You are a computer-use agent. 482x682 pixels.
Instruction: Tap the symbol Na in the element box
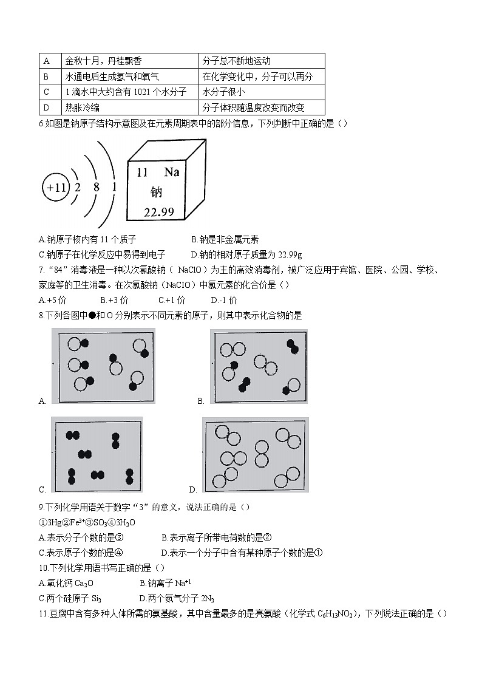(x=172, y=172)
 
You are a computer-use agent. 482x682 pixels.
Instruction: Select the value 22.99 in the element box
(x=158, y=211)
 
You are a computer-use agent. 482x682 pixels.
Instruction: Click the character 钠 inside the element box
(x=157, y=192)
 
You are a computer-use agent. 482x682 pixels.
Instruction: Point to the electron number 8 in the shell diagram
(x=96, y=187)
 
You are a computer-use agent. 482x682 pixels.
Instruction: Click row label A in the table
(x=46, y=61)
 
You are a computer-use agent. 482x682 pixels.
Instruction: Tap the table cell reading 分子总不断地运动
(x=236, y=61)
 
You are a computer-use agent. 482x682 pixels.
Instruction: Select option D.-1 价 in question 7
(x=224, y=300)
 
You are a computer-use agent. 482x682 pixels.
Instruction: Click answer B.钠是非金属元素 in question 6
(x=229, y=239)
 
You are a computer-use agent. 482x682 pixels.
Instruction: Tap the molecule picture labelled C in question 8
(x=97, y=455)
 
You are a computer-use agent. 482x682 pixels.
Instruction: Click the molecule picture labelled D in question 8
(x=255, y=455)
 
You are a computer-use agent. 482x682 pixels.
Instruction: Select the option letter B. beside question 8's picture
(x=200, y=401)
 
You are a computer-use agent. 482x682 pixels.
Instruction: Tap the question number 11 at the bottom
(x=42, y=614)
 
